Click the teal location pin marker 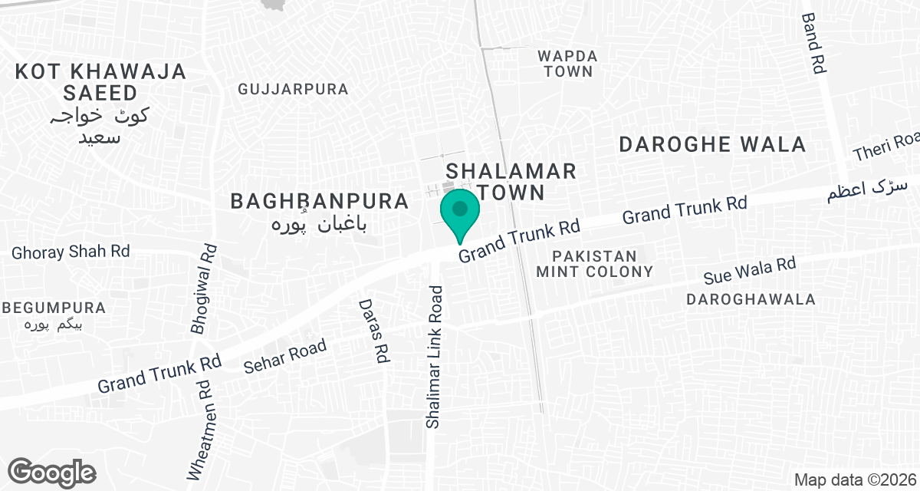tap(459, 211)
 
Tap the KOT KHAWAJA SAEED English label tap(100, 82)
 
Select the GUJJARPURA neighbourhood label tap(293, 89)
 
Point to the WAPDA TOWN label tap(566, 64)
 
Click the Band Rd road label tap(813, 43)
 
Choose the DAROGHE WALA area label tap(712, 144)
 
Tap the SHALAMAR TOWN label tap(511, 180)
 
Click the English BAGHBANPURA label tap(320, 201)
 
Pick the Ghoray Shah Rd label tap(71, 251)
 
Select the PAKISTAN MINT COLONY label tap(595, 263)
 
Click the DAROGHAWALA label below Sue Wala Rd tap(751, 299)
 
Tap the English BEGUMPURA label tap(54, 308)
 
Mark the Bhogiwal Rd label tap(204, 288)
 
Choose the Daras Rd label tap(373, 330)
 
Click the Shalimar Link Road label tap(435, 357)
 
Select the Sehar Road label tap(284, 356)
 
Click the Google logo tap(52, 472)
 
